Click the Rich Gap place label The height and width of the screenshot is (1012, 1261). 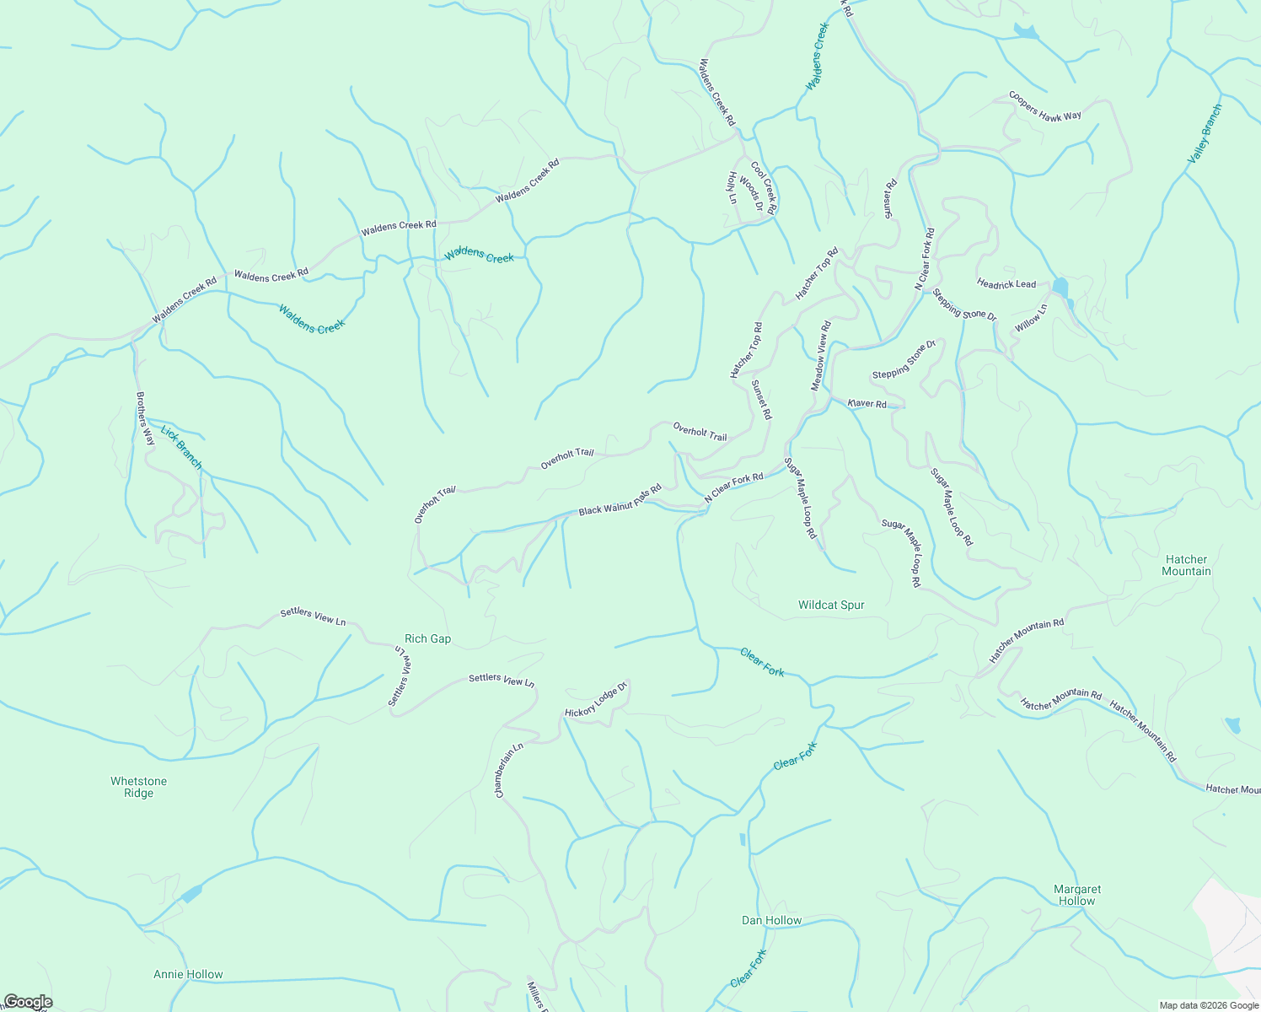[427, 639]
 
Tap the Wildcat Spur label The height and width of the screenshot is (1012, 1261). [831, 606]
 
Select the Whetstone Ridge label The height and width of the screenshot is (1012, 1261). [138, 787]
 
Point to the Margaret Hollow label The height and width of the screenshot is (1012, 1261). [1076, 895]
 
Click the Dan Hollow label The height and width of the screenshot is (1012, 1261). [771, 920]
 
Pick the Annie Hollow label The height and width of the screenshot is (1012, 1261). [188, 974]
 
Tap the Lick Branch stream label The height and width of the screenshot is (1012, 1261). [181, 447]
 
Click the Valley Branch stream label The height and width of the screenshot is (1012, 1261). [1204, 134]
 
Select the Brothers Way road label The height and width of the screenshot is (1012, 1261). [145, 418]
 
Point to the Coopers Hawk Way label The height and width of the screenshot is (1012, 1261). [1045, 106]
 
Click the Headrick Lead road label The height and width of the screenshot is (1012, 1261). [1006, 284]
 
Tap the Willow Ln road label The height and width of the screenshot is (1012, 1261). [1030, 318]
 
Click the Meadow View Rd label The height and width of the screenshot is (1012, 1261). [821, 355]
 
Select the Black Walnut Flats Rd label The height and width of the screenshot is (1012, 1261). [620, 500]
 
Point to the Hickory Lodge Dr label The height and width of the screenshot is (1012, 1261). [596, 700]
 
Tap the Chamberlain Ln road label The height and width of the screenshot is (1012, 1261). [509, 770]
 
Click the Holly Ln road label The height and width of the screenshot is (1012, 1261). [732, 188]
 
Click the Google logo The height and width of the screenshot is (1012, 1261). [28, 1002]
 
